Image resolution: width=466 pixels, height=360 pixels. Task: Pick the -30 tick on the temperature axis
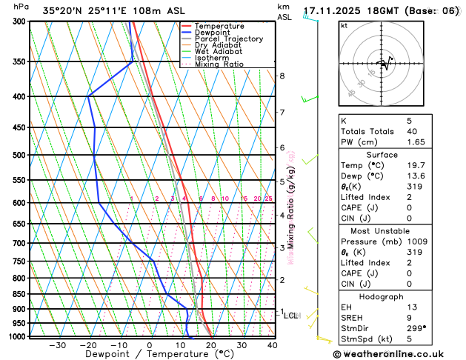point(57,345)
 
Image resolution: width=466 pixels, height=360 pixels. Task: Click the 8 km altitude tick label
point(282,76)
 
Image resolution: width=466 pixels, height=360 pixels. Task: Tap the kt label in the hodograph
point(344,25)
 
